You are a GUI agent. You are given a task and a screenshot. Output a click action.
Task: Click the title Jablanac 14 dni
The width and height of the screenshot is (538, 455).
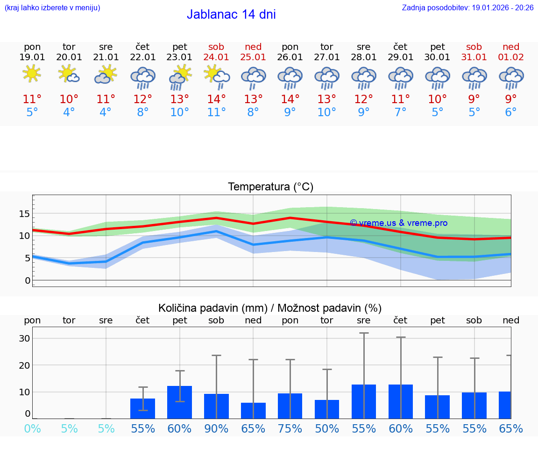(x=231, y=14)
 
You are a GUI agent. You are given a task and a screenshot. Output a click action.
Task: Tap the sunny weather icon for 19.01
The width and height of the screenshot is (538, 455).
(x=32, y=74)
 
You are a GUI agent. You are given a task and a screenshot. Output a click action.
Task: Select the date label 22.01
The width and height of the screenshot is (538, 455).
(x=142, y=57)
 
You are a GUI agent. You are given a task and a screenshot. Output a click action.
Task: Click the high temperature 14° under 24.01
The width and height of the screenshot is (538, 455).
(x=216, y=99)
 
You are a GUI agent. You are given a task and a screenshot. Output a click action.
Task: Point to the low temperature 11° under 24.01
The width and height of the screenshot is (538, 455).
(x=216, y=112)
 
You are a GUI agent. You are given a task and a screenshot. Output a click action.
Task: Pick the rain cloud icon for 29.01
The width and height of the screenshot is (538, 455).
(x=400, y=77)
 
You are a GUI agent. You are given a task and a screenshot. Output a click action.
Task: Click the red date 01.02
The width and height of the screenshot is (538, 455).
(x=511, y=57)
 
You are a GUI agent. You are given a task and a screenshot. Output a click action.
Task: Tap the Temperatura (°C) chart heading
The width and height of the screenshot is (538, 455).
(x=270, y=187)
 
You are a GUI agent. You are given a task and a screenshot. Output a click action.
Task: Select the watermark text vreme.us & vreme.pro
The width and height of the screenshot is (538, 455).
(x=399, y=223)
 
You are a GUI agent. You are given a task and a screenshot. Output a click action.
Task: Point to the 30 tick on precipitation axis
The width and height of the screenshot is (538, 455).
(x=24, y=338)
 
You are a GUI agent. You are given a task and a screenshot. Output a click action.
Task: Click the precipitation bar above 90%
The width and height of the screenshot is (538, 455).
(x=216, y=406)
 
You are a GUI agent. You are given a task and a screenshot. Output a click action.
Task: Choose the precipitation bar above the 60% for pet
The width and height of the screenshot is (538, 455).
(x=179, y=402)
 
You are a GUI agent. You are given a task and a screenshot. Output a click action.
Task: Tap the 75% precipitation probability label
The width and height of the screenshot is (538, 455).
(x=290, y=429)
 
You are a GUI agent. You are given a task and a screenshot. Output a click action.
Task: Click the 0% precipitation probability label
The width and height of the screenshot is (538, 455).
(x=32, y=429)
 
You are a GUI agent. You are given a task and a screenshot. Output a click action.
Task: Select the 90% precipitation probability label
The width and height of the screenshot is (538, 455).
(x=216, y=429)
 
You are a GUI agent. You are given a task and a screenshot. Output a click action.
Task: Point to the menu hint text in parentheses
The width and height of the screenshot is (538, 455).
(x=52, y=7)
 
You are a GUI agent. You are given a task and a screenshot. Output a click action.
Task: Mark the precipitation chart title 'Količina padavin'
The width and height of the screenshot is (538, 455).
(x=270, y=308)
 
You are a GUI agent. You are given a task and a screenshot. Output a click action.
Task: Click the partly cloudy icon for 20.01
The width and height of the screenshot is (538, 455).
(x=69, y=74)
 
